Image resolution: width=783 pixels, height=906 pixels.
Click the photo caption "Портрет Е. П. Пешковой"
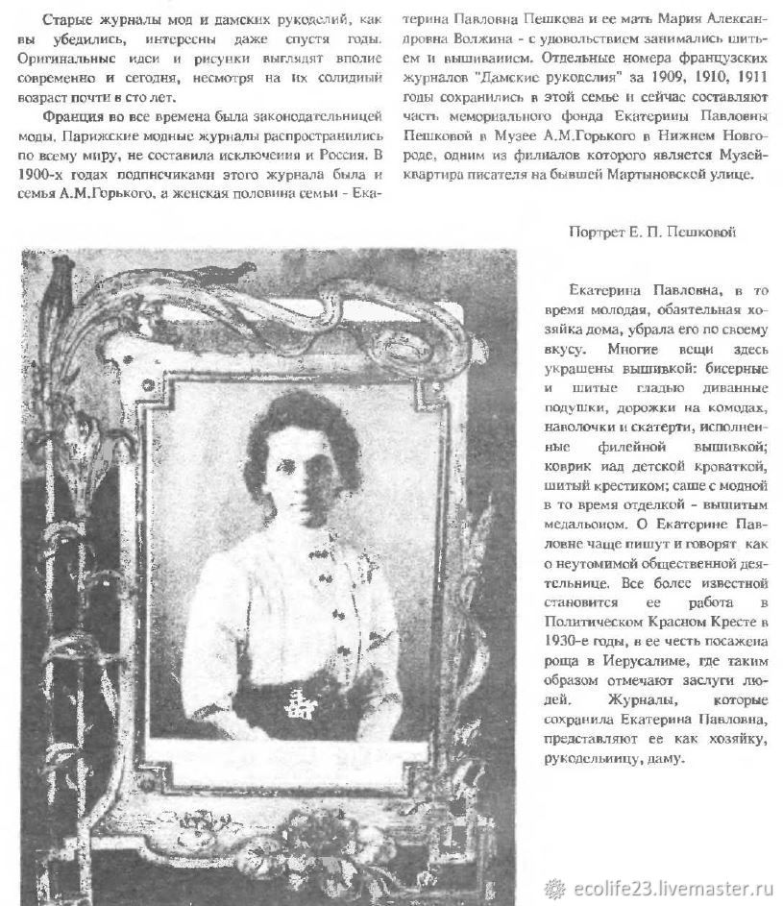coord(653,233)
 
